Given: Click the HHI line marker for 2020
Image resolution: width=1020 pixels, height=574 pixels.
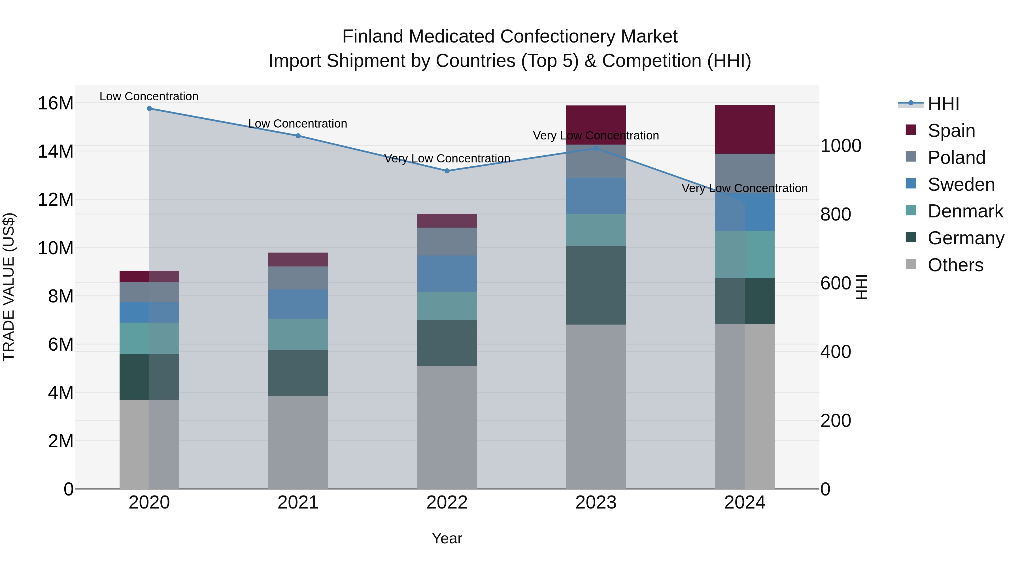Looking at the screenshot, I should pyautogui.click(x=149, y=109).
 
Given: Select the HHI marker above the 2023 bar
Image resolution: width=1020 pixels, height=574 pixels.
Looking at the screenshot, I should pyautogui.click(x=596, y=149).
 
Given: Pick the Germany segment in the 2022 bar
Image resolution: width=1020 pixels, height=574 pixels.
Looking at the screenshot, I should pyautogui.click(x=447, y=343).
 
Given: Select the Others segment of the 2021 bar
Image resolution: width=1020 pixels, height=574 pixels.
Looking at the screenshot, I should pyautogui.click(x=298, y=442).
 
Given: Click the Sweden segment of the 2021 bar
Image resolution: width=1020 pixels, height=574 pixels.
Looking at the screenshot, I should pyautogui.click(x=298, y=304).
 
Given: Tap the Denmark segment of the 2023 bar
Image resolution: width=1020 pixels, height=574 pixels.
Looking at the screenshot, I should pyautogui.click(x=596, y=230).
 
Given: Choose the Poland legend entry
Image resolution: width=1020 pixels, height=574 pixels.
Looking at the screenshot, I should pyautogui.click(x=956, y=158).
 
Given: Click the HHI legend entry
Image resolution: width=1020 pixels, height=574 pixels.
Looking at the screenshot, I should pyautogui.click(x=943, y=104).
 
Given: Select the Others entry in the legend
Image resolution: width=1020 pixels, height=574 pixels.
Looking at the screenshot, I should pyautogui.click(x=955, y=265).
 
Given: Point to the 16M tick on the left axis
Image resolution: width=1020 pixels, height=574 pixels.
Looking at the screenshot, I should pyautogui.click(x=56, y=103).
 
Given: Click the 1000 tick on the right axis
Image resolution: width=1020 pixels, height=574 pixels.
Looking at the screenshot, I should pyautogui.click(x=840, y=146).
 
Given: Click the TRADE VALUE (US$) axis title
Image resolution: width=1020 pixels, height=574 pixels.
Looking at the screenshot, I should pyautogui.click(x=9, y=287).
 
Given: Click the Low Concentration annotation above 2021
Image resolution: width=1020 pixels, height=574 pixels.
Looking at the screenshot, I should pyautogui.click(x=298, y=124).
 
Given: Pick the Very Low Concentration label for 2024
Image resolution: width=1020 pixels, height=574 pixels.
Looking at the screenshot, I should pyautogui.click(x=744, y=188).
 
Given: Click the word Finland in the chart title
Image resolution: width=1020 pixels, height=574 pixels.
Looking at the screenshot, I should pyautogui.click(x=373, y=37).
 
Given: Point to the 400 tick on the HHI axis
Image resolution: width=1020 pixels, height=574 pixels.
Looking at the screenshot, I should pyautogui.click(x=836, y=352).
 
